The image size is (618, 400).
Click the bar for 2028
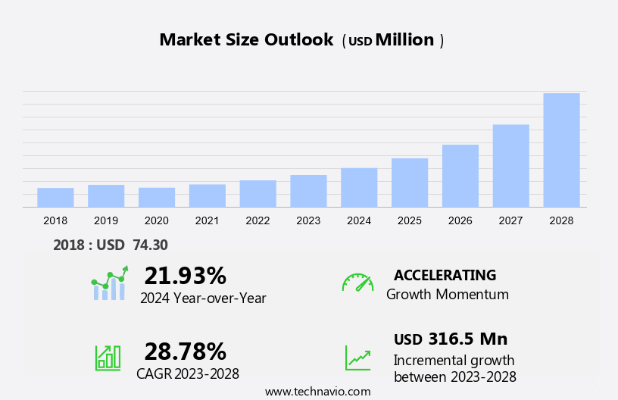pos(561,150)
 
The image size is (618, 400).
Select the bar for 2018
pos(55,197)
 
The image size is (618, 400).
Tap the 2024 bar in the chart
pos(359,187)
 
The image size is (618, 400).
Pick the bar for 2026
pos(460,176)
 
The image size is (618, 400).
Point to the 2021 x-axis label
pos(207,220)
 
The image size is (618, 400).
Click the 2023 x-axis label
pos(308,220)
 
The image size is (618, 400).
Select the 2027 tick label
pos(511,220)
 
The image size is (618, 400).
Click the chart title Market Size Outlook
pos(246,40)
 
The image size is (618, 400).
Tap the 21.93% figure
pos(185,275)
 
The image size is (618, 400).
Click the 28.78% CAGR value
pos(185,351)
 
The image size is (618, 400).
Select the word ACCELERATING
pos(445,275)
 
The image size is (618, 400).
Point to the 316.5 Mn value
pos(467,339)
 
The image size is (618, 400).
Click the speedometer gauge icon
pos(357,283)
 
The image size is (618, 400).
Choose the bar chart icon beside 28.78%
pos(108,358)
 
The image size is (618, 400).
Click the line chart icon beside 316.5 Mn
pos(357,358)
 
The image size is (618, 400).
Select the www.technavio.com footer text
pos(317,392)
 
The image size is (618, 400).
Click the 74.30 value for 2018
pos(150,245)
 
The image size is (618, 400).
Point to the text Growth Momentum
pos(447,294)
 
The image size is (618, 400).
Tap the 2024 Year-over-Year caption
pos(203,298)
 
